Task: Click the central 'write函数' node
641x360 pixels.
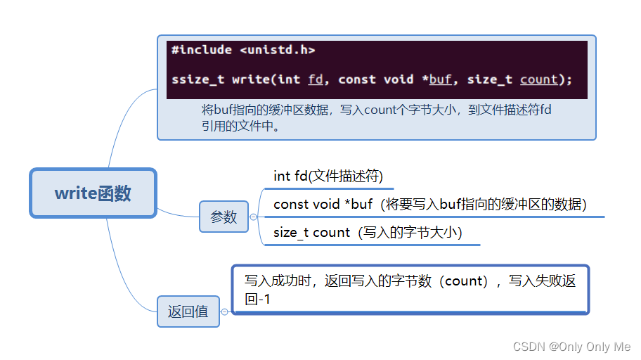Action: click(x=93, y=193)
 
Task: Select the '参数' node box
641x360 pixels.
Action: click(x=224, y=217)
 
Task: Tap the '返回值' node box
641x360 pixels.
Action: click(x=188, y=311)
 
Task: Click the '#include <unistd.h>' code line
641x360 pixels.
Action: click(x=242, y=50)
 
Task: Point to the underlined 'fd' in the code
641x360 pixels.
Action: click(x=316, y=79)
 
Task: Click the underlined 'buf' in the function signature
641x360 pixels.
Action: click(x=440, y=79)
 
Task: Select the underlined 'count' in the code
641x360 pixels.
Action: click(x=538, y=79)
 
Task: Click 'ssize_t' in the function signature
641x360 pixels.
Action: click(x=198, y=79)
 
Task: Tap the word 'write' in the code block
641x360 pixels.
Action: click(x=251, y=79)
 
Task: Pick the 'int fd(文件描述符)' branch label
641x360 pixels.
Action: click(x=328, y=176)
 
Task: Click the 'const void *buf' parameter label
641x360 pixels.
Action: click(x=323, y=205)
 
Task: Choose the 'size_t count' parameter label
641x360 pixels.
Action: click(x=311, y=233)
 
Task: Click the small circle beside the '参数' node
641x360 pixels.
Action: click(x=254, y=217)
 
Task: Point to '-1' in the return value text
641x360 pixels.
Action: click(x=265, y=300)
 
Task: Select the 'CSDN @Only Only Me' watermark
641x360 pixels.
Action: click(x=571, y=347)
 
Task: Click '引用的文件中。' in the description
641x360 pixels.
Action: click(x=240, y=127)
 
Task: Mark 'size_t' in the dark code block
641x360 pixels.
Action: click(x=489, y=79)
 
